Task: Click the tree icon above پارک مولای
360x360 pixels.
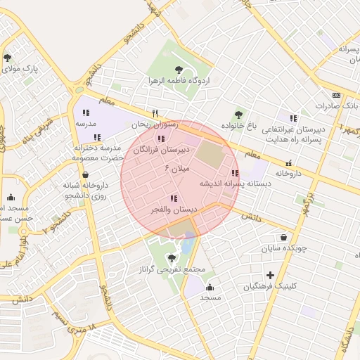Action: (x=8, y=58)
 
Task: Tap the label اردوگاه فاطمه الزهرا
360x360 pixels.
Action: (x=179, y=81)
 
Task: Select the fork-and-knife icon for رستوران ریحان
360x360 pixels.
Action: (x=155, y=112)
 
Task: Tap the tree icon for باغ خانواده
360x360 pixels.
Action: (x=240, y=114)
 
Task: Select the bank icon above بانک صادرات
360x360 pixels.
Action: (x=336, y=95)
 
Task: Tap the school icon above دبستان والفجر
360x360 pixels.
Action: (x=174, y=199)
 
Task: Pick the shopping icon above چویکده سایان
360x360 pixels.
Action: (x=283, y=238)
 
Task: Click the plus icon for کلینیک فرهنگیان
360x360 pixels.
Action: (x=270, y=275)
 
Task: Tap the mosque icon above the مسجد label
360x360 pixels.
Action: (x=210, y=287)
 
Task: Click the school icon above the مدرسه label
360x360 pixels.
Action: (x=86, y=112)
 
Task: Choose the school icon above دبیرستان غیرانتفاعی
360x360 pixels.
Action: (x=293, y=118)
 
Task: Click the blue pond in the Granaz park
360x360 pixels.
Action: (x=188, y=244)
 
